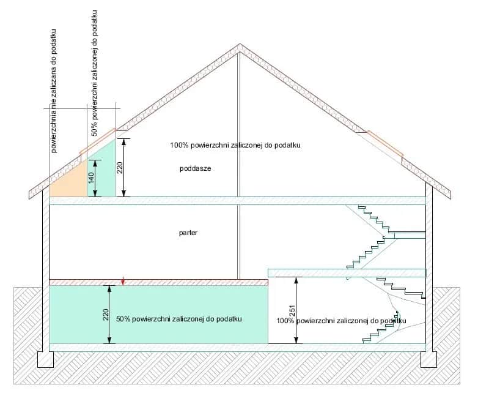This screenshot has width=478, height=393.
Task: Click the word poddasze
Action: (x=196, y=168)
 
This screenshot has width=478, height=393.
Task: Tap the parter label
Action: (x=189, y=233)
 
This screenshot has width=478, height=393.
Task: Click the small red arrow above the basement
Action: (x=123, y=282)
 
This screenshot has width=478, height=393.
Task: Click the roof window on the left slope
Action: (x=97, y=141)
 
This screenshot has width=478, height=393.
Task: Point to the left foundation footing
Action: (x=46, y=359)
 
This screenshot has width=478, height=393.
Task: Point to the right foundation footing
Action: (x=429, y=359)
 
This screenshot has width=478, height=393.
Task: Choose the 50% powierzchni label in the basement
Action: (x=180, y=320)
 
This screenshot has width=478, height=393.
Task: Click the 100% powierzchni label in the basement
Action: (x=341, y=320)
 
